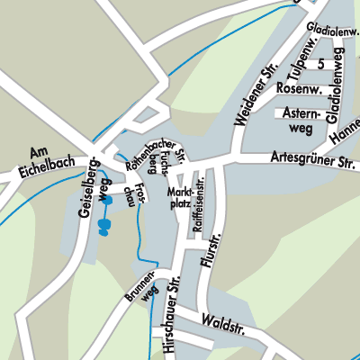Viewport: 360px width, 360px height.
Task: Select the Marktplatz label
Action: coord(180,198)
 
